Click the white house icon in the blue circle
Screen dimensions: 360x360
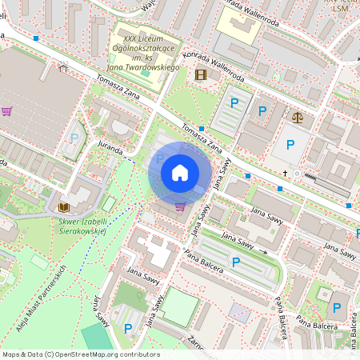(x=180, y=172)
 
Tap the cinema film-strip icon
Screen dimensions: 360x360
(x=200, y=75)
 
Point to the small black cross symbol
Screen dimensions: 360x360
(x=285, y=172)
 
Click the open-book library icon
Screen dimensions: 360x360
(x=64, y=207)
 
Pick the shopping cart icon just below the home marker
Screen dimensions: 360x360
(x=181, y=206)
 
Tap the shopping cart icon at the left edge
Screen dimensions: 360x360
(x=7, y=112)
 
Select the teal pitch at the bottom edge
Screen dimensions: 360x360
(x=98, y=338)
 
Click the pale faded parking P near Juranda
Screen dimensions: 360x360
(x=74, y=138)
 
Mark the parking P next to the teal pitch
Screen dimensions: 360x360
(x=128, y=328)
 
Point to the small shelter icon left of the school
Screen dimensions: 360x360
(x=63, y=68)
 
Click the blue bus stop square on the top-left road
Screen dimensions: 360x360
(x=37, y=38)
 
